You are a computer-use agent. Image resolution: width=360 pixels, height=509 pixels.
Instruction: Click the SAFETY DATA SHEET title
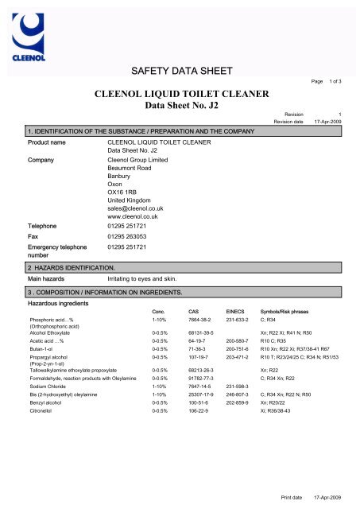[179, 74]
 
